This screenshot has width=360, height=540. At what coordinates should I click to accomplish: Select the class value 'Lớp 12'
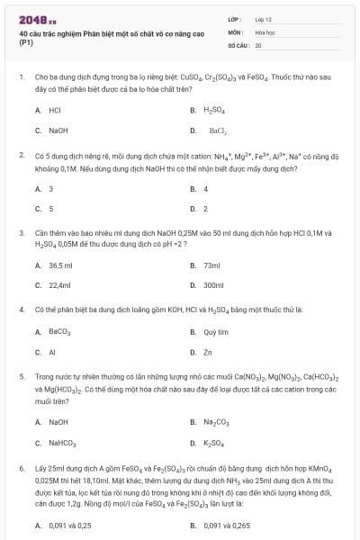point(264,18)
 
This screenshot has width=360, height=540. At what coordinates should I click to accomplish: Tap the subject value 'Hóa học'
point(265,31)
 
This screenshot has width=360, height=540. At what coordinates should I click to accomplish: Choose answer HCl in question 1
point(54,110)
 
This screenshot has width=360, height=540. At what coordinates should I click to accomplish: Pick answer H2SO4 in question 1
point(212,110)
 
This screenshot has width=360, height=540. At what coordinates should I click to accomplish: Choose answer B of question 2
point(205,189)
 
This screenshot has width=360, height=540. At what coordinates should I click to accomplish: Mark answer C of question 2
point(50,209)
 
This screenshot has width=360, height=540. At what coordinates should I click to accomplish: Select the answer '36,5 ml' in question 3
point(59,265)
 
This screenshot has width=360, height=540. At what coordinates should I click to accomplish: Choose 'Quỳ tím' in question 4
point(216,332)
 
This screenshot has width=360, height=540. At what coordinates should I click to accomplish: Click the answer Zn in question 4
point(208,352)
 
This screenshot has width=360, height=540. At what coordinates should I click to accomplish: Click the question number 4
point(22,310)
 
